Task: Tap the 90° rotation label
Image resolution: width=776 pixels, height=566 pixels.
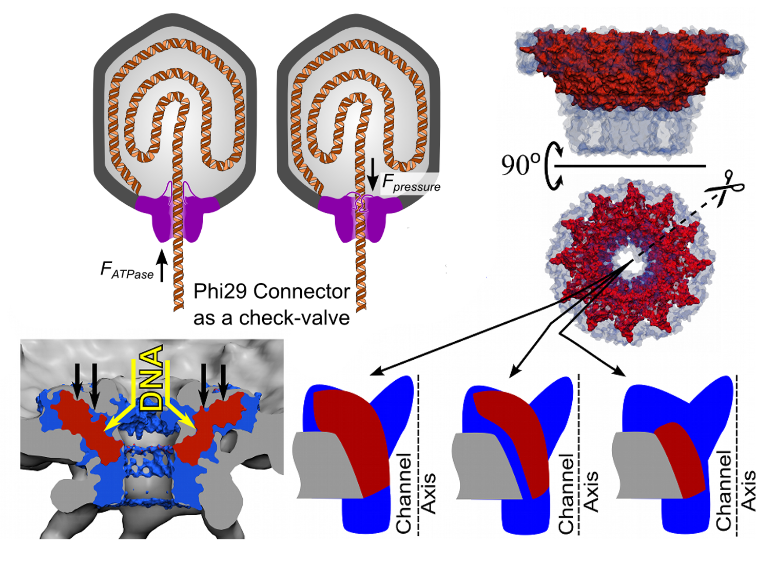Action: pos(520,165)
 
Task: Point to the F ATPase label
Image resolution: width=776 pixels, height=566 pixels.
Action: pos(127,270)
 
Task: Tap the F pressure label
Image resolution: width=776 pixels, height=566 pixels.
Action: pos(411,184)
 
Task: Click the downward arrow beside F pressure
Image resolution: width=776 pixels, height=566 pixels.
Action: pos(373,174)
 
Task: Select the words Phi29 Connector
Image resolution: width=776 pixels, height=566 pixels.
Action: pos(271,291)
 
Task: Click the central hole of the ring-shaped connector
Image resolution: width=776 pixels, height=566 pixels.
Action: pos(629,262)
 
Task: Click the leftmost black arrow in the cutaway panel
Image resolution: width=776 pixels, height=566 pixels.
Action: pos(76,380)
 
